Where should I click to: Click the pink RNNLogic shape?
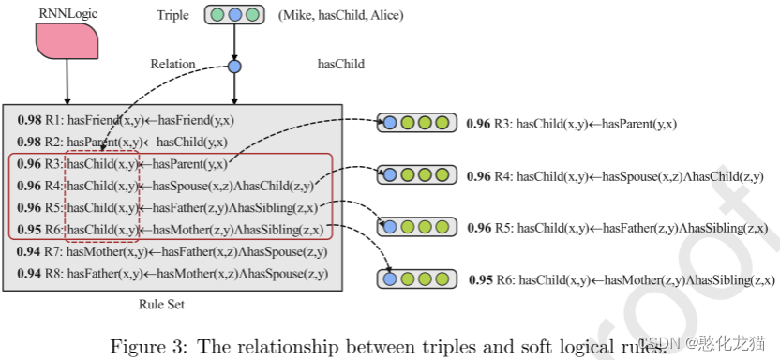pyautogui.click(x=68, y=41)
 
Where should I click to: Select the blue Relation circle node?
pyautogui.click(x=234, y=67)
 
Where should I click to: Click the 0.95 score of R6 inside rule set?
pyautogui.click(x=28, y=229)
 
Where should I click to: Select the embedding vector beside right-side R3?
pyautogui.click(x=416, y=123)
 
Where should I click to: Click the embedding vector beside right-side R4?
pyautogui.click(x=416, y=175)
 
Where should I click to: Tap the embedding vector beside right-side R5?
pyautogui.click(x=416, y=227)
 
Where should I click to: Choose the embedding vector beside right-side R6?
pyautogui.click(x=416, y=278)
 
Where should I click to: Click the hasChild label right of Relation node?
pyautogui.click(x=342, y=65)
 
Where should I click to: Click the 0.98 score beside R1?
pyautogui.click(x=28, y=121)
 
